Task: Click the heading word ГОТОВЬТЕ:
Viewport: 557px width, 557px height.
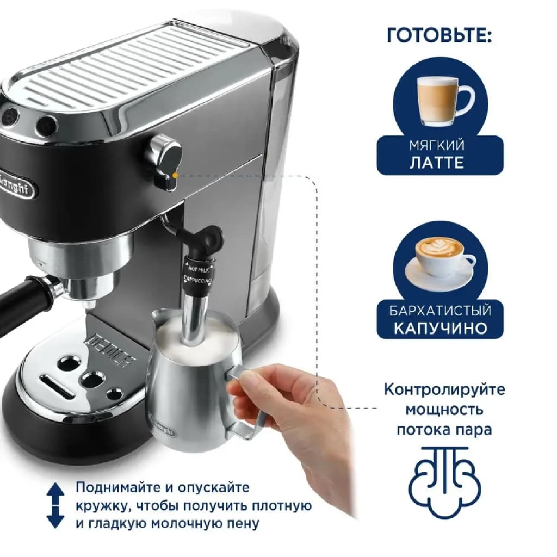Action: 439,35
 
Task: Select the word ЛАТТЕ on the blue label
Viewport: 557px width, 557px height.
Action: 437,163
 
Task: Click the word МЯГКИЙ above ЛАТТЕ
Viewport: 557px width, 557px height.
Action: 437,145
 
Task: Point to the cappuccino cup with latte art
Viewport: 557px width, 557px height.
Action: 441,262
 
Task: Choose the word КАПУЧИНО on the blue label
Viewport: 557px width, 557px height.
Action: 440,328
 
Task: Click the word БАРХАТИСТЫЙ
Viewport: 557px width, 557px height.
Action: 440,311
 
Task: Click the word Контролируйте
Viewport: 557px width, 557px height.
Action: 444,389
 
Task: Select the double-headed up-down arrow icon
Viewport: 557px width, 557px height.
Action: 55,505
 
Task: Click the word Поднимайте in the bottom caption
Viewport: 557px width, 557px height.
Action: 117,487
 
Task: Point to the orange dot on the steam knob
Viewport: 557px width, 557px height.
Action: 175,176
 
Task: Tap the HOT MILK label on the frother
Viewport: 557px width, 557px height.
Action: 198,269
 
